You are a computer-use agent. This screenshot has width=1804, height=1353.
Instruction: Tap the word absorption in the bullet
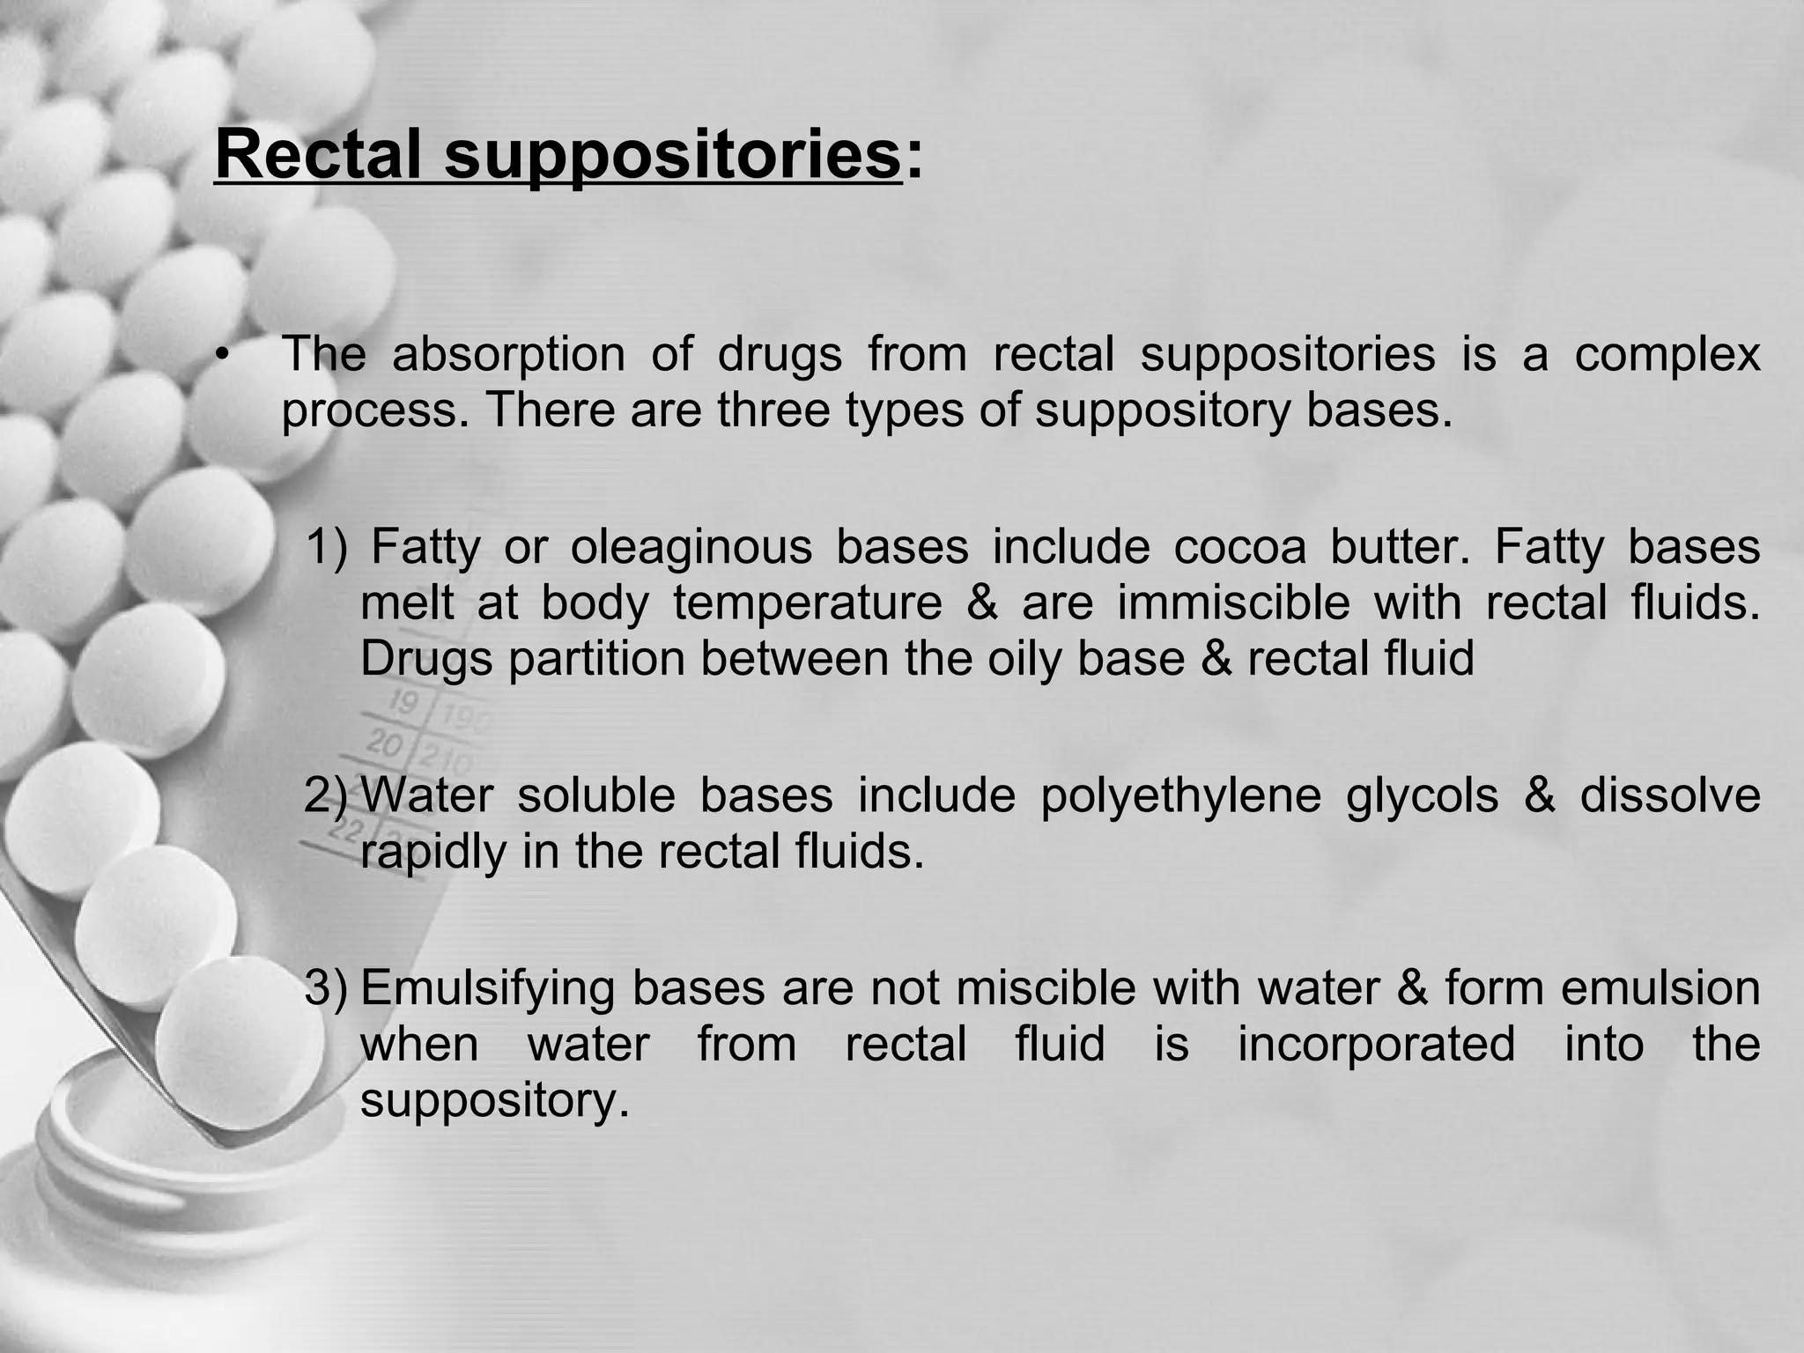[508, 355]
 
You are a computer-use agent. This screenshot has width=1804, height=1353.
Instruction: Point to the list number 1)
[328, 547]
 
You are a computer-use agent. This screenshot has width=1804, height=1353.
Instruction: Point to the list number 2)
[327, 795]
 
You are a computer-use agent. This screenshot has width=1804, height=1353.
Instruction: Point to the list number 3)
[327, 987]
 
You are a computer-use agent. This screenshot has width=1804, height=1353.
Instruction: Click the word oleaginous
[691, 548]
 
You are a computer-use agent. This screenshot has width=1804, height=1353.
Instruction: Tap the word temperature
[808, 604]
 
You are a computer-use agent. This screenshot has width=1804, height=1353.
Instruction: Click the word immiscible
[1234, 603]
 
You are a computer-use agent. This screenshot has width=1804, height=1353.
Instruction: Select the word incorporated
[1376, 1045]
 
